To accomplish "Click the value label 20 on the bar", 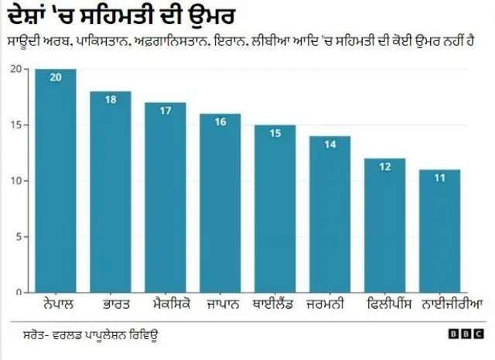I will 55,77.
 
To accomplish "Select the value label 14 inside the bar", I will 330,144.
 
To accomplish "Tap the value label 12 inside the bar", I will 385,166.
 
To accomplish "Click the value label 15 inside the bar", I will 275,133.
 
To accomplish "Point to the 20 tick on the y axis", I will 15,70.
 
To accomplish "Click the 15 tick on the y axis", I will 15,125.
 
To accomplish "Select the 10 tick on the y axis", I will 15,181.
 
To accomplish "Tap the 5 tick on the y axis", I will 17,237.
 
